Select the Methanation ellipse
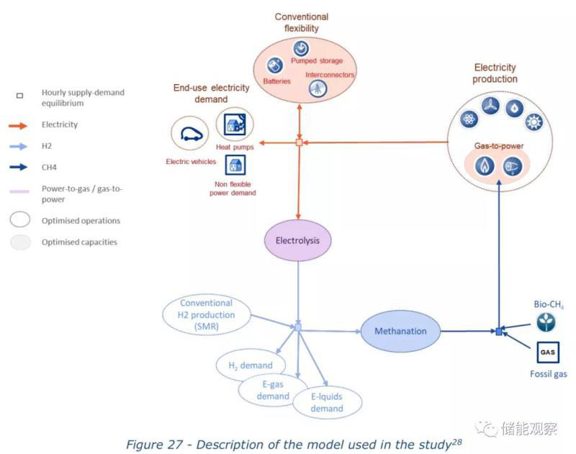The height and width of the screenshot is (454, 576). tap(400, 332)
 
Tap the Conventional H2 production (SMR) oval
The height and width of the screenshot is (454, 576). tap(207, 315)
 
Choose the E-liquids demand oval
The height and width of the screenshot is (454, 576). tap(327, 402)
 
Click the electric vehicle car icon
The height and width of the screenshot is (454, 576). tap(191, 134)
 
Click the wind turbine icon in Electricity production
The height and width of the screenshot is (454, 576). tap(490, 105)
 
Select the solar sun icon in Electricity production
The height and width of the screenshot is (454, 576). tap(534, 122)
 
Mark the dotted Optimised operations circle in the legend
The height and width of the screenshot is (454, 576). tap(20, 220)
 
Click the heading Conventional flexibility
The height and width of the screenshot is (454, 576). tap(302, 22)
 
